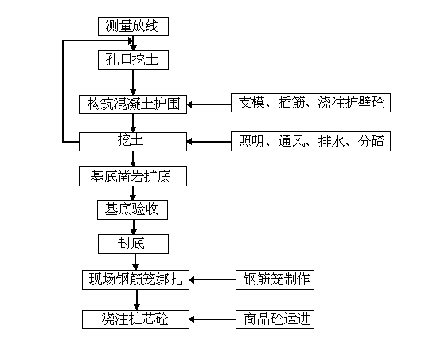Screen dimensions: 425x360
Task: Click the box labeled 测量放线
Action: [133, 26]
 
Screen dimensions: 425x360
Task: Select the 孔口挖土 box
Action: [133, 60]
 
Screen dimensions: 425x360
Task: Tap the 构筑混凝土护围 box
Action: [133, 104]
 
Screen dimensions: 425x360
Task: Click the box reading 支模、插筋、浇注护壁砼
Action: [310, 103]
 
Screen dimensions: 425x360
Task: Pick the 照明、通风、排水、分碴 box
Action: [310, 141]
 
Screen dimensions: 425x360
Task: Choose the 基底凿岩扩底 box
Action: [133, 176]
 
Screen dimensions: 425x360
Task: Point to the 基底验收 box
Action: [133, 209]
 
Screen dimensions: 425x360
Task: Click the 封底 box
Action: [133, 245]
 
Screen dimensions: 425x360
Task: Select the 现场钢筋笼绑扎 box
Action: [135, 280]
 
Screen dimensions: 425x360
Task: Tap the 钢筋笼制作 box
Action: [275, 280]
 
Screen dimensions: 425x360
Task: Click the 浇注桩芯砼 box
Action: [135, 319]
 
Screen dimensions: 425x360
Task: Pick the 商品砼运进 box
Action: [275, 319]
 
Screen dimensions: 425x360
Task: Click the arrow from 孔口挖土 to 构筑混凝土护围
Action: [133, 82]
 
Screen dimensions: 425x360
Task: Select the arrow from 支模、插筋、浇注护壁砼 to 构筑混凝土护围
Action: [209, 104]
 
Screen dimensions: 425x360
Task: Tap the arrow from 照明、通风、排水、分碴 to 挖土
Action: [209, 141]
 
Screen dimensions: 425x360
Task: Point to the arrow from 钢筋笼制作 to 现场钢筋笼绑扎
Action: [212, 280]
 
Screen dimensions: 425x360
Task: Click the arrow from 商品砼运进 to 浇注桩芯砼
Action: [212, 319]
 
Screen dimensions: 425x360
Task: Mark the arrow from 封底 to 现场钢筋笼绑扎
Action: [135, 262]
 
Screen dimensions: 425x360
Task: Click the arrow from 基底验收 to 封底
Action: [134, 227]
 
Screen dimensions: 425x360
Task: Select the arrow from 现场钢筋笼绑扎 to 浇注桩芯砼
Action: [137, 299]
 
